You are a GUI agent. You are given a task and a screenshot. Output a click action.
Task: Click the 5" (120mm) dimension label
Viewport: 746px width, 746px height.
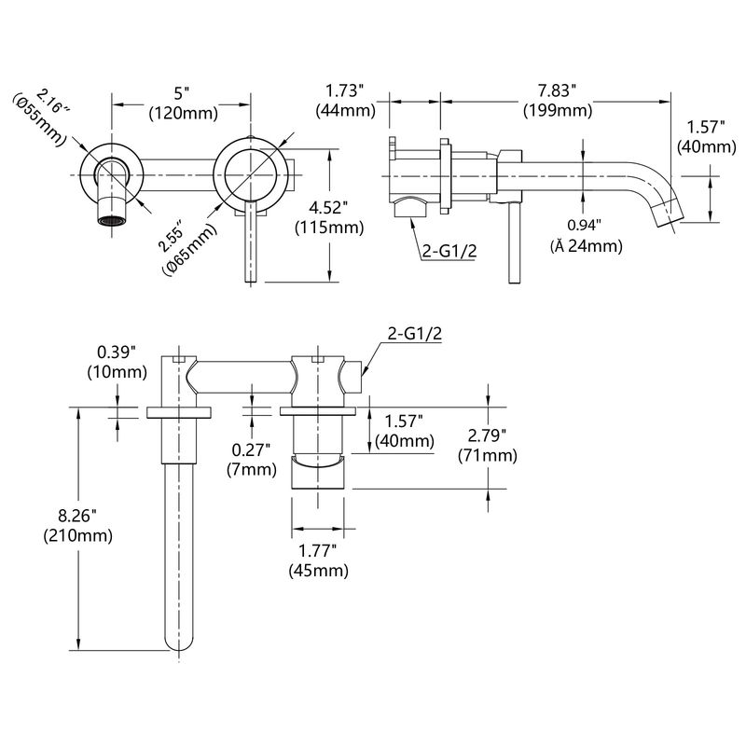[183, 104]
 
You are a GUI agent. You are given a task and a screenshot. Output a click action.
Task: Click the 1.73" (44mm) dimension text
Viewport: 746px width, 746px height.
[345, 100]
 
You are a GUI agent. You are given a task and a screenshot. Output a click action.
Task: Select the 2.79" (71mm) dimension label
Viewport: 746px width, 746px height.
[487, 445]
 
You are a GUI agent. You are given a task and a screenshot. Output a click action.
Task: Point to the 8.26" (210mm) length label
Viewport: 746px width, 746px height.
[77, 524]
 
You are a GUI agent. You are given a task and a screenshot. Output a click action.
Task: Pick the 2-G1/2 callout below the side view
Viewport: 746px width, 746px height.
[449, 251]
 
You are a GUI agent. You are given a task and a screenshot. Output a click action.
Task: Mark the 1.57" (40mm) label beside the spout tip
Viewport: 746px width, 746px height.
[711, 137]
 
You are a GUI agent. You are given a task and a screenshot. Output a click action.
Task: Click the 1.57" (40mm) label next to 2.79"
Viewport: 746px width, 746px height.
[403, 431]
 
